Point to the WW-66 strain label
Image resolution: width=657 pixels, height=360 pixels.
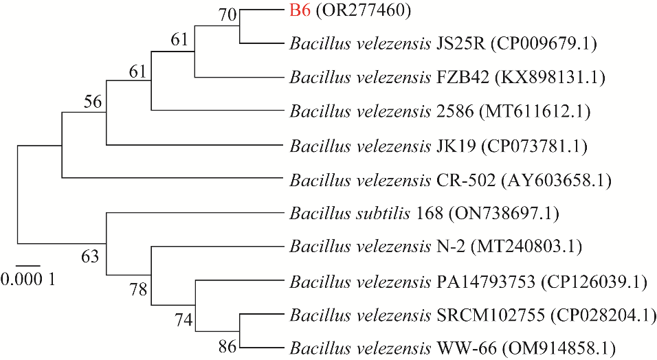pyautogui.click(x=458, y=348)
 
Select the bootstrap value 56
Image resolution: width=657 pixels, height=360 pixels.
pyautogui.click(x=93, y=102)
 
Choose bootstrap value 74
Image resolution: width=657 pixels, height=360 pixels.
pyautogui.click(x=182, y=320)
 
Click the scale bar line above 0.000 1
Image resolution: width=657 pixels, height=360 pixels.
pyautogui.click(x=28, y=265)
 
